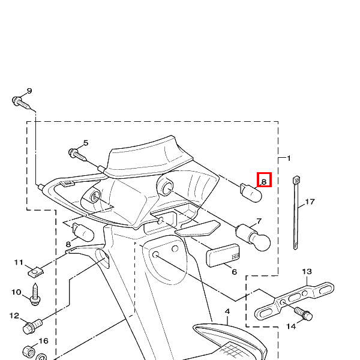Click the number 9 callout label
[29, 91]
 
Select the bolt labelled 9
[21, 103]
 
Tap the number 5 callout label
[86, 143]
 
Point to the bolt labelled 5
[77, 155]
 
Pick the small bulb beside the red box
[251, 193]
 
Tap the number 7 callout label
[259, 221]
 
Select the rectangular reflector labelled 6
[223, 256]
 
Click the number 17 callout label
[310, 202]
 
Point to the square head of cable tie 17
[296, 180]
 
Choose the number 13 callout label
[307, 272]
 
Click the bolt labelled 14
[303, 314]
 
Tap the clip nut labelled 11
[36, 272]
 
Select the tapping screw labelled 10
[35, 295]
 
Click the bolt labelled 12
[32, 326]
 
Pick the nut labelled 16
[29, 352]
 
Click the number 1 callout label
[289, 158]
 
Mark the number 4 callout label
[227, 311]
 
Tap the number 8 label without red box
[68, 244]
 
